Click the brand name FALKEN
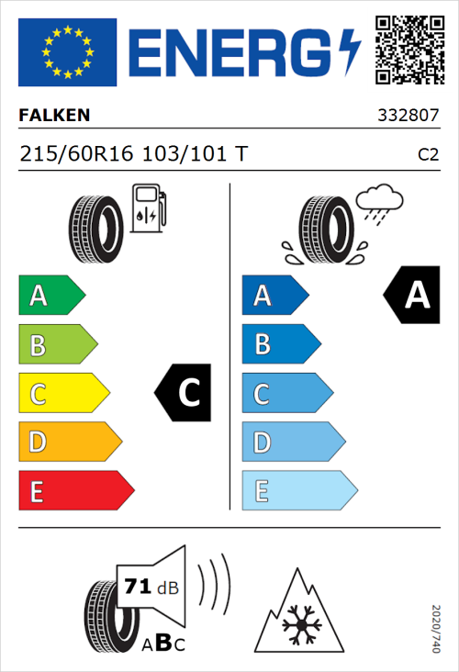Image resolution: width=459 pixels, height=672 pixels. [x=55, y=116]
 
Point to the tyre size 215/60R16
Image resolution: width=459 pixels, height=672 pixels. [x=78, y=154]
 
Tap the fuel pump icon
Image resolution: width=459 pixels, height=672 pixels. [x=148, y=208]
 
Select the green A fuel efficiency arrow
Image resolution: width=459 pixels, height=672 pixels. [x=50, y=296]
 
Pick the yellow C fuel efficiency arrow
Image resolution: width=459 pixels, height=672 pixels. [x=62, y=394]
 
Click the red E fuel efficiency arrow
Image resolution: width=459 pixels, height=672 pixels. [x=75, y=491]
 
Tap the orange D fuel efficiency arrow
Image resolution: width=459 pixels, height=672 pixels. [x=69, y=442]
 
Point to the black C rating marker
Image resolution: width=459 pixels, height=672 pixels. [x=185, y=393]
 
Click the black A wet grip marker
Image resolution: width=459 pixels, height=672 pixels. [x=412, y=296]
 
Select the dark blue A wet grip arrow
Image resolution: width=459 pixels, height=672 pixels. [x=274, y=296]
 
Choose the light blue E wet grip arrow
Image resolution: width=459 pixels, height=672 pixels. [x=298, y=491]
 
